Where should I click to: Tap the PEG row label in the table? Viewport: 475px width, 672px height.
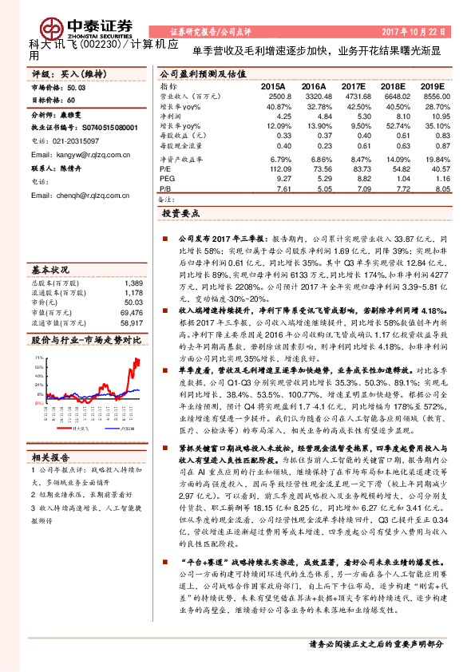coord(167,180)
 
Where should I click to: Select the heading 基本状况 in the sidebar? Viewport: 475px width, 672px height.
coord(49,269)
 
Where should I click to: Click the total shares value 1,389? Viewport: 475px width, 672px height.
coord(133,283)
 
